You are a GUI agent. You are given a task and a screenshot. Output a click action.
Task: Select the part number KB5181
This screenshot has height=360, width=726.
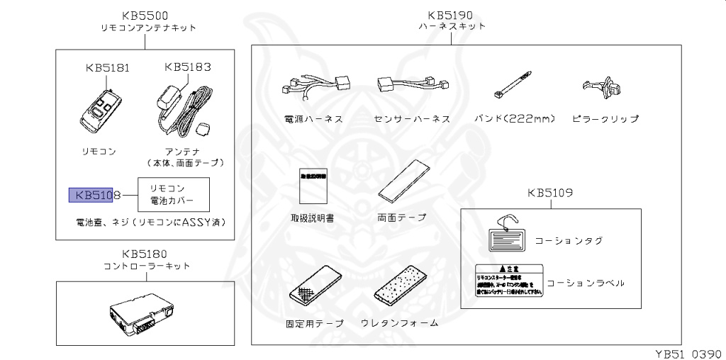click(x=107, y=69)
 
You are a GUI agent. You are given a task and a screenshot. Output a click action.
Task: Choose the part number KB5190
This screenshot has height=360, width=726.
click(x=450, y=15)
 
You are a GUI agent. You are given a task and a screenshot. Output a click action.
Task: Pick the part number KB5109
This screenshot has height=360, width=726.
click(x=550, y=192)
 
